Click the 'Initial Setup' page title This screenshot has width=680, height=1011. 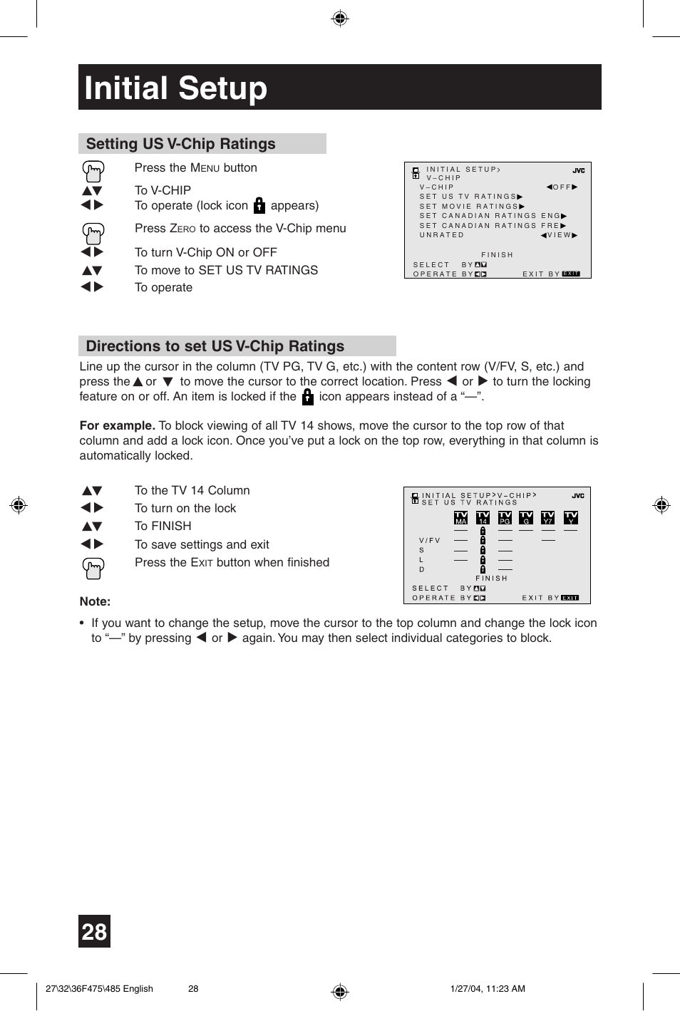click(175, 88)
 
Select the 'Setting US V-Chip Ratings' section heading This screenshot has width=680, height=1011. click(180, 144)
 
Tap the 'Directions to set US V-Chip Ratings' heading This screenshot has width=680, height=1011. click(215, 346)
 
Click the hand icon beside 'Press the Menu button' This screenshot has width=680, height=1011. click(93, 171)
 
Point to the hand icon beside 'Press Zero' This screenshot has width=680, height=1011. click(93, 232)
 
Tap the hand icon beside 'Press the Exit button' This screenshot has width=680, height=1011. click(93, 568)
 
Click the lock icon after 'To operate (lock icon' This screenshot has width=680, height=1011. click(259, 206)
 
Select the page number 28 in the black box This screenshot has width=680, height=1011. click(94, 931)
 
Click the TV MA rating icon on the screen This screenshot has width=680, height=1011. click(461, 517)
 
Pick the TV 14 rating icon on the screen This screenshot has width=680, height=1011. click(483, 517)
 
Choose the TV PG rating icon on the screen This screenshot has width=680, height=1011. click(505, 517)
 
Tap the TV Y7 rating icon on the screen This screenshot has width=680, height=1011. click(547, 517)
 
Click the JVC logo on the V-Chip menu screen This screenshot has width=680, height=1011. click(578, 171)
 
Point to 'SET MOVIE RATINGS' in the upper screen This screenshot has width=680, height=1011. click(471, 207)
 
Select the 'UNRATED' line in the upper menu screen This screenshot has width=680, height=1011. click(442, 235)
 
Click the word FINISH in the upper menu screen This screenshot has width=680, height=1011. click(497, 255)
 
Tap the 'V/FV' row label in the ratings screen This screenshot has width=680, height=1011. click(430, 541)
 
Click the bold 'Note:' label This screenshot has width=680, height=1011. click(95, 601)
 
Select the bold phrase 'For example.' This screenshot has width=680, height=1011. click(117, 425)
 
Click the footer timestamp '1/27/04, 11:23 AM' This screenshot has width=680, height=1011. click(488, 988)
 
